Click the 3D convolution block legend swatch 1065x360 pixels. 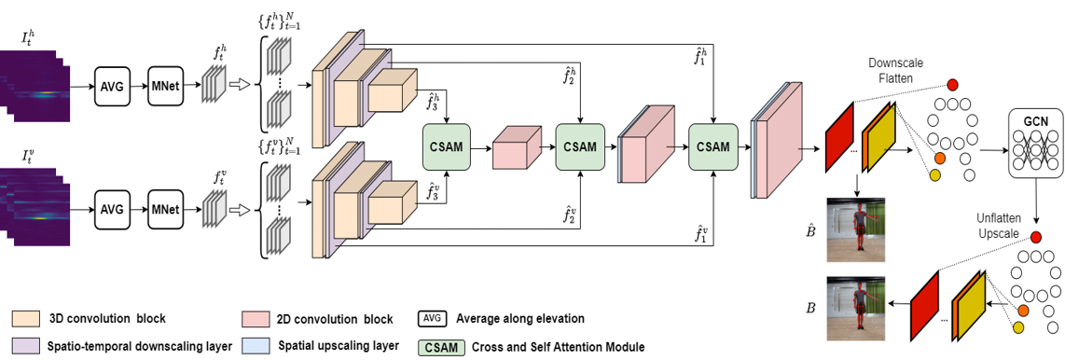tap(27, 319)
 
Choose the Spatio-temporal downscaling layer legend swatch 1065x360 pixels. tap(27, 346)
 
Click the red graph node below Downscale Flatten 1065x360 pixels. tap(952, 86)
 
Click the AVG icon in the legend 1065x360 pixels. tap(433, 319)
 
